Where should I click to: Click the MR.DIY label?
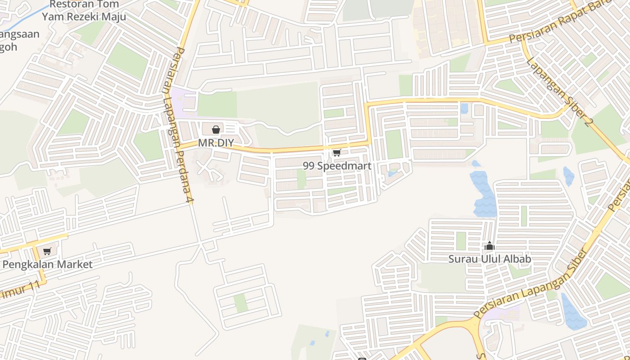coord(216,143)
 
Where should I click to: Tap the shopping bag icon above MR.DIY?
coord(216,130)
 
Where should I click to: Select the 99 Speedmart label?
coord(337,166)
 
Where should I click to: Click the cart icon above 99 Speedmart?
coord(337,153)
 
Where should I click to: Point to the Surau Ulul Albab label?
coord(490,259)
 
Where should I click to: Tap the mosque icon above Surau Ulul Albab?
coord(490,246)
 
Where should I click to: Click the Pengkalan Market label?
coord(47,265)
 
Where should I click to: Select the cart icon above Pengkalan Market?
coord(47,252)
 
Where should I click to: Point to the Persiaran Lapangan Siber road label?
coord(531,283)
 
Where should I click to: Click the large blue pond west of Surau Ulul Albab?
coord(484,193)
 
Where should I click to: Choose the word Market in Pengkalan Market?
coord(75,265)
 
